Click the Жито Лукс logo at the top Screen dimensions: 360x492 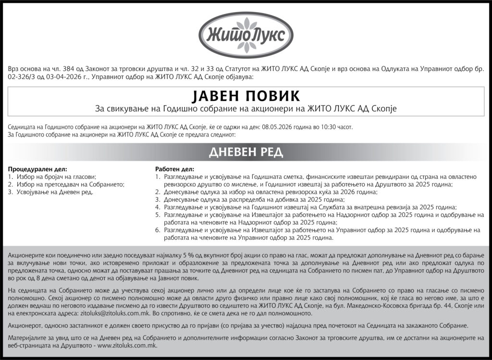(246, 35)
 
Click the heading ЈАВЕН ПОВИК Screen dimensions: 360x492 (246, 95)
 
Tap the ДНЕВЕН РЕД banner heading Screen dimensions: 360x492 (246, 152)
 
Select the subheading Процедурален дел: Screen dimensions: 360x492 (38, 170)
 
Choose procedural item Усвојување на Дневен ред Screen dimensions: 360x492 (54, 192)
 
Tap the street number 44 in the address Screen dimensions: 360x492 (439, 305)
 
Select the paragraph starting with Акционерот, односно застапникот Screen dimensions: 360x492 (246, 325)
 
